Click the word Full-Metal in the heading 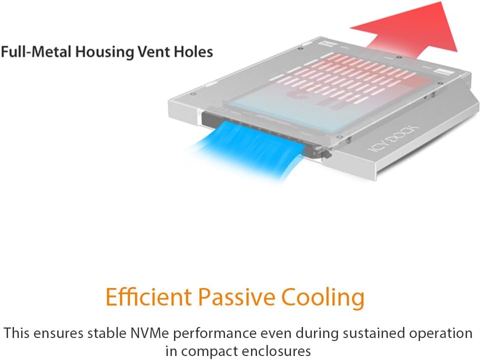click(36, 51)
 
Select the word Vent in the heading click(153, 51)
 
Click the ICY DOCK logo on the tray click(393, 139)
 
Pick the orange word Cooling click(322, 298)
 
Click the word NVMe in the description click(149, 333)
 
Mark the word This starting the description click(16, 333)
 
